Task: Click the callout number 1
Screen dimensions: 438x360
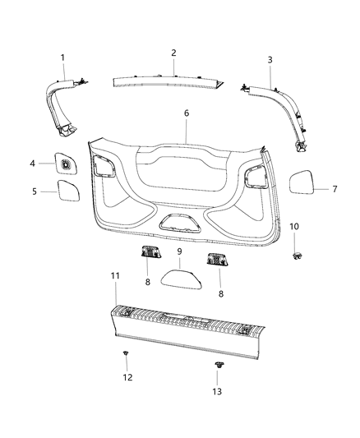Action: (62, 57)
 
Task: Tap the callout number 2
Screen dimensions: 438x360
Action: (173, 53)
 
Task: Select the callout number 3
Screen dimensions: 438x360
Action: (270, 60)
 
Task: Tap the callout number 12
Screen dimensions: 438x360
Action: (126, 377)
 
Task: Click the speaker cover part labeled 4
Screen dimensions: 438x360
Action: (63, 164)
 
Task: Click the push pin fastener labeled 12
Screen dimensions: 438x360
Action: (126, 354)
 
